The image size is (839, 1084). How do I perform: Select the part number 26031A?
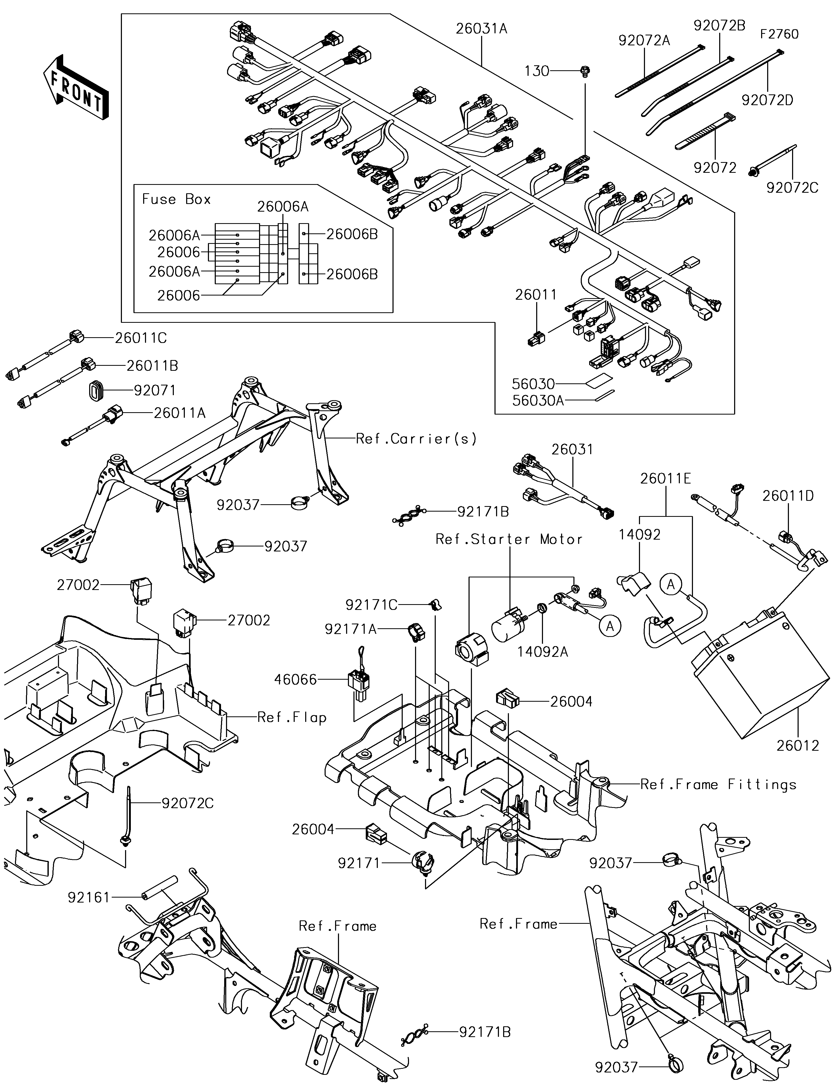pyautogui.click(x=481, y=29)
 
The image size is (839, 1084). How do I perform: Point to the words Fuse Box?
pyautogui.click(x=176, y=200)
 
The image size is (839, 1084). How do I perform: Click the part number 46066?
pyautogui.click(x=296, y=679)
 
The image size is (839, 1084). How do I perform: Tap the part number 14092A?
pyautogui.click(x=542, y=652)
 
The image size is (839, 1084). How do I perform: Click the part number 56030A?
pyautogui.click(x=538, y=401)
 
